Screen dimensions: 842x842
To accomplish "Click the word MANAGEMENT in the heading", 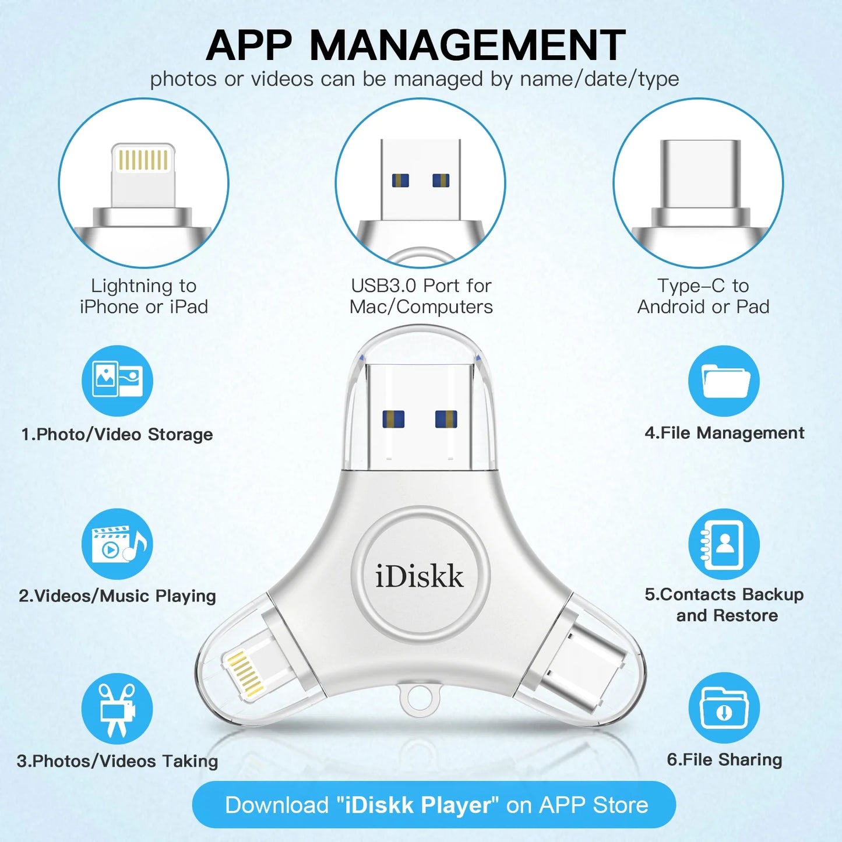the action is (467, 45).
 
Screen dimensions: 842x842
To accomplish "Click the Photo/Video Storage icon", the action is (117, 381).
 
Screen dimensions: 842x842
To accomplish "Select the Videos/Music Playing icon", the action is (117, 544).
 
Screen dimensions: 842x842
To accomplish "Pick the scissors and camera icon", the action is (117, 709).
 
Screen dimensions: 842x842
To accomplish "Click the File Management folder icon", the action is (724, 381).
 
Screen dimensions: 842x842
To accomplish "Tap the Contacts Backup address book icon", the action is (724, 544).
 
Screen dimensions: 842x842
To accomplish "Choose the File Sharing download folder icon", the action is (724, 708).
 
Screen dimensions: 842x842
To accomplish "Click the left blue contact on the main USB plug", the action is (393, 419).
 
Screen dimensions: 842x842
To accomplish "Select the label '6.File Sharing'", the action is (724, 759).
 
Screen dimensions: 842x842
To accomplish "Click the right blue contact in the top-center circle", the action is (441, 181).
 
